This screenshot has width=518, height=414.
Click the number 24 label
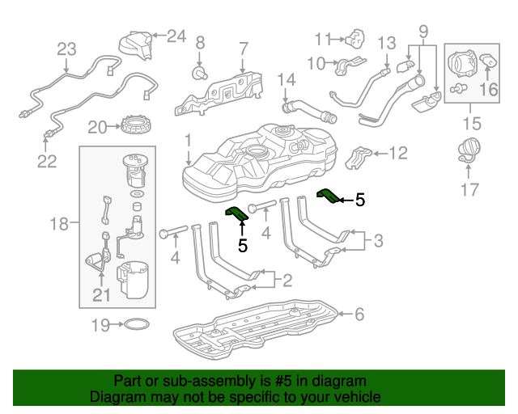pos(176,35)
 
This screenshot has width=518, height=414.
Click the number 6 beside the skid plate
pos(360,314)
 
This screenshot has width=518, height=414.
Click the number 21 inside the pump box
pos(100,296)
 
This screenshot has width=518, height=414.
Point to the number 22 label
pos(47,162)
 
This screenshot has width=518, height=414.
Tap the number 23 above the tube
pos(66,49)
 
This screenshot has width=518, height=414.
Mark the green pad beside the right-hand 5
pos(329,196)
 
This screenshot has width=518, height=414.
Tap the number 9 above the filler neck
pos(422,33)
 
